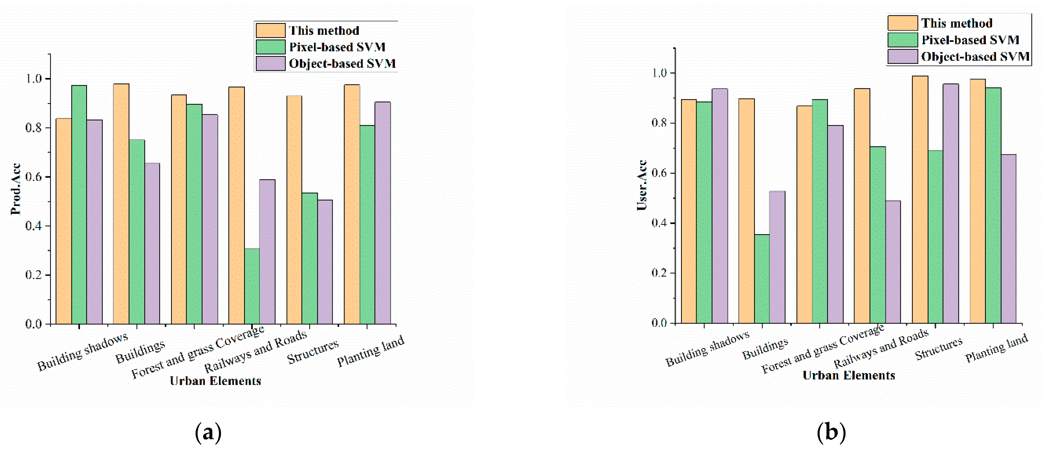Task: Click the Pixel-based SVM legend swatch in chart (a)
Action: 270,47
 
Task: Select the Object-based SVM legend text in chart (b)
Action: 975,57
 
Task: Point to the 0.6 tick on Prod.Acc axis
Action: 34,177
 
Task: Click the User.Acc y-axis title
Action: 642,185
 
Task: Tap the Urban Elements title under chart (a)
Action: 215,381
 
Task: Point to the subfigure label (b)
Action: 831,432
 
